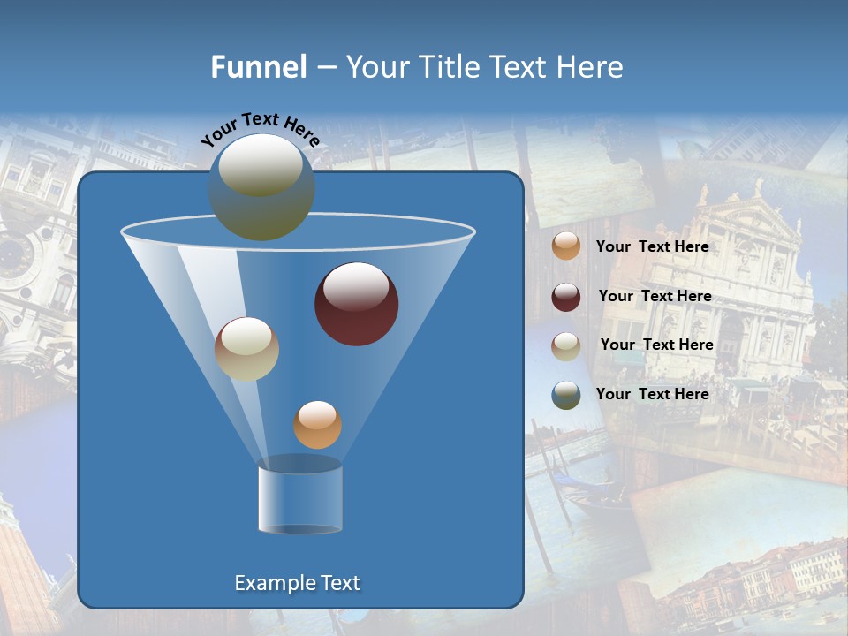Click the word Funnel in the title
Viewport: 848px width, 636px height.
tap(258, 67)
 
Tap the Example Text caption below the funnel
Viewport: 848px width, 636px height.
tap(298, 583)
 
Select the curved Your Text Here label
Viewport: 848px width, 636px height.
tap(261, 128)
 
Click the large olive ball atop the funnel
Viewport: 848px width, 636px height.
tap(261, 186)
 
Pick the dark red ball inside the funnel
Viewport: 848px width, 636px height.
tap(356, 304)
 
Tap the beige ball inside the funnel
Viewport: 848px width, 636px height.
tap(246, 349)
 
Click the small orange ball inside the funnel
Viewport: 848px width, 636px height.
tap(317, 425)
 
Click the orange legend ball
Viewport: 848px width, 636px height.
tap(566, 246)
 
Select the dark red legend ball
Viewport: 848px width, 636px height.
tap(566, 297)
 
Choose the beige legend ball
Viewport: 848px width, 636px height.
tap(566, 346)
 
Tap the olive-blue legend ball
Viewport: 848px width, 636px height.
tap(566, 395)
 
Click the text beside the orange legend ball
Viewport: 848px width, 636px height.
tap(653, 247)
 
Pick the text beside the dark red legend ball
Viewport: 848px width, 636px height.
tap(655, 297)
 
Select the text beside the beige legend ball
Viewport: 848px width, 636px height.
tap(657, 345)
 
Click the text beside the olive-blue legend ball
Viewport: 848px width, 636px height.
tap(653, 395)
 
